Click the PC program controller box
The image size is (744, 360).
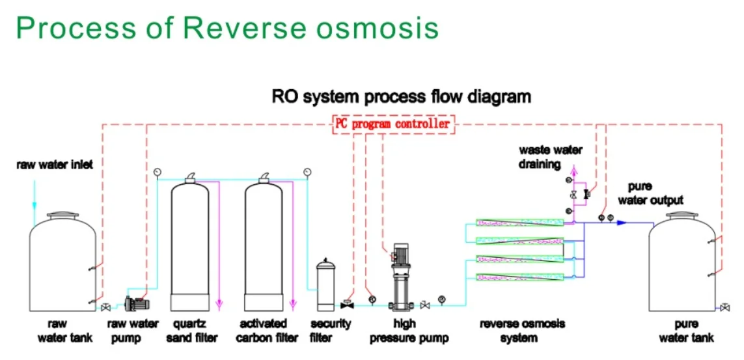393,124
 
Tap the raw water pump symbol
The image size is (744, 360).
137,303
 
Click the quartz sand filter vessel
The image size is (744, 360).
190,243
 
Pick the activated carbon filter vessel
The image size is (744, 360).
264,243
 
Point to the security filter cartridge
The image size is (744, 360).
326,284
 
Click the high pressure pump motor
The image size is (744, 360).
398,255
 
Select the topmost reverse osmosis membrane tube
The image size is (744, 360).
519,223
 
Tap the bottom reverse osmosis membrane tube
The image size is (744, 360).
519,277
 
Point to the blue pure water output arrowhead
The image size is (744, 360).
622,223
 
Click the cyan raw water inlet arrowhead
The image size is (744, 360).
34,205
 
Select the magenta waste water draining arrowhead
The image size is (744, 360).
574,169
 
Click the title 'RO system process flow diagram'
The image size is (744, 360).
402,97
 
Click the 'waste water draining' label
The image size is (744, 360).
551,157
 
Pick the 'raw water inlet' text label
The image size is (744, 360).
55,165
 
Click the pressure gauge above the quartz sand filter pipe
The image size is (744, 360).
157,171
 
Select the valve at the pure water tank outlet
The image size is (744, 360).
724,308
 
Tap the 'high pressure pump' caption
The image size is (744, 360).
404,331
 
